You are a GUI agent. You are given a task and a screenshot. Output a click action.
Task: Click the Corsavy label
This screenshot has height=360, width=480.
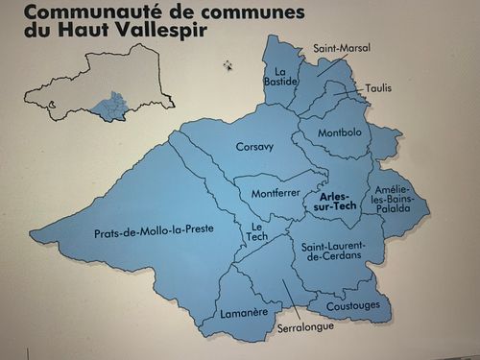254,147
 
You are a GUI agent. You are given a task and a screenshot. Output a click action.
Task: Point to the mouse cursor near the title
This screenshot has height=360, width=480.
228,65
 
